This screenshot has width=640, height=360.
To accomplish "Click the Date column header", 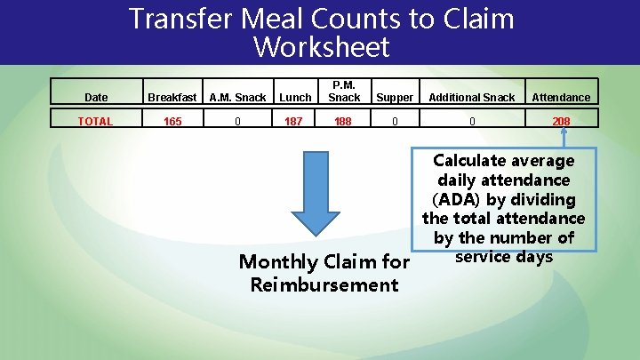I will click(x=96, y=97).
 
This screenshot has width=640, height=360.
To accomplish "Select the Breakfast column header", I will click(x=172, y=97).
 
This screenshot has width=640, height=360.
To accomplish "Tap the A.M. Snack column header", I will click(x=237, y=97).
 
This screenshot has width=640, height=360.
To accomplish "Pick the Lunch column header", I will click(x=295, y=97).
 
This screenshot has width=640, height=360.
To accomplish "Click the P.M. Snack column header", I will click(x=344, y=92).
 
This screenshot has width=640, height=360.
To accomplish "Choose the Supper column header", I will click(x=395, y=97).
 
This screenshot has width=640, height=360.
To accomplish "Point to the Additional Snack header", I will click(x=473, y=97).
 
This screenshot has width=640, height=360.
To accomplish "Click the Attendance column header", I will click(x=561, y=97).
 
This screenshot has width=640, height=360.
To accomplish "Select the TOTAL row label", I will click(x=96, y=121).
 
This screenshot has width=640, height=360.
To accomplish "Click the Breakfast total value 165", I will click(x=172, y=121).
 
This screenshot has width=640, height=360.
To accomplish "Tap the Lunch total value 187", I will click(x=295, y=121).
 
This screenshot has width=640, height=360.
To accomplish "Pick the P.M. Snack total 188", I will click(x=344, y=121).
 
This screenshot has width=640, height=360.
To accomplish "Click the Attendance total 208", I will click(x=561, y=121).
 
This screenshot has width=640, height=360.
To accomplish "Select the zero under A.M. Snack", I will click(x=237, y=121).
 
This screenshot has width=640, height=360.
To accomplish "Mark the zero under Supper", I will click(x=395, y=121).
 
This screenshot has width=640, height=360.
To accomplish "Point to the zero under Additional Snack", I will click(x=473, y=121).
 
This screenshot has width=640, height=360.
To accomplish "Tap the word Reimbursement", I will click(x=324, y=284).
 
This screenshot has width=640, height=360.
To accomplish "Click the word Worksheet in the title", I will click(x=321, y=46).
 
